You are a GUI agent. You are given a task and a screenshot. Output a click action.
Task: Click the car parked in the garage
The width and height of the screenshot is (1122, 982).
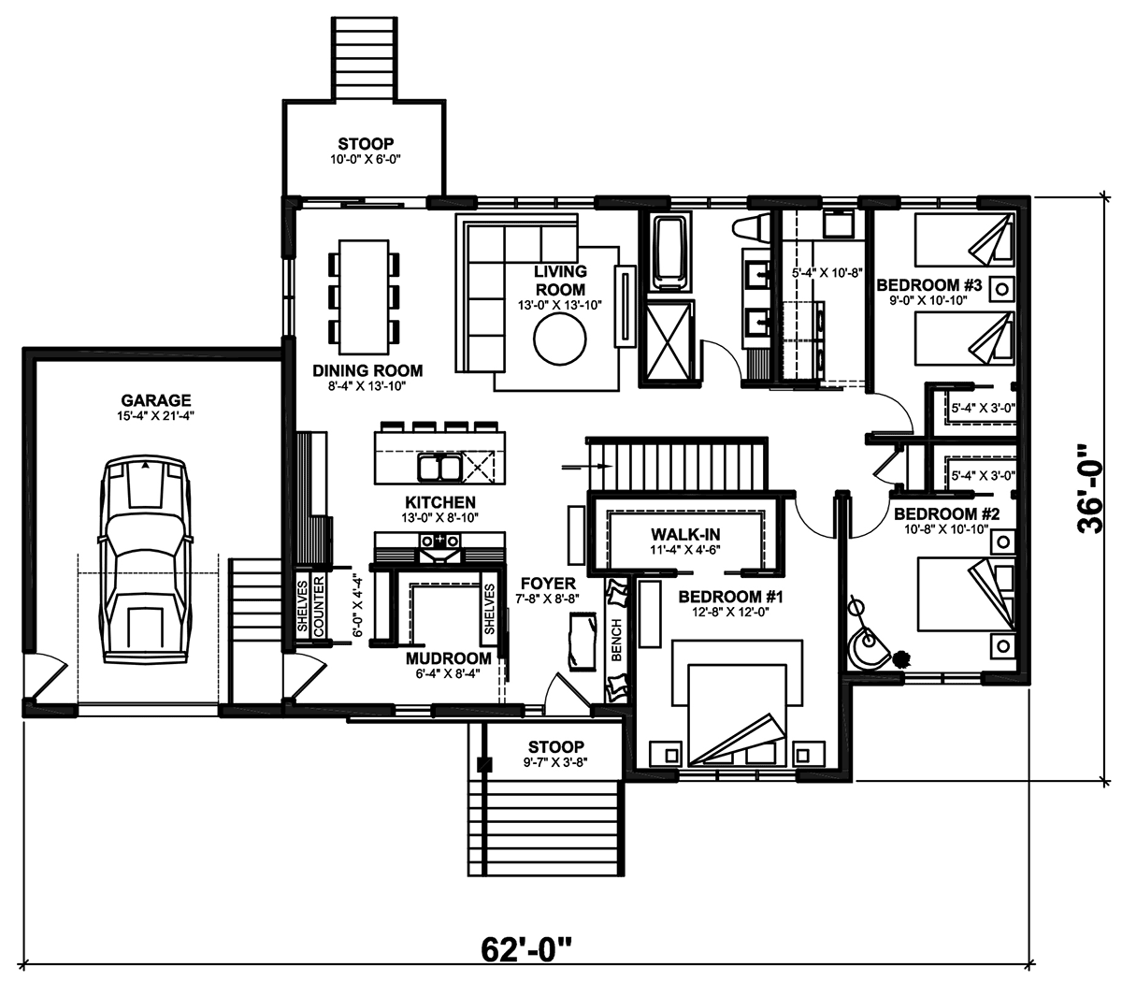click(x=145, y=559)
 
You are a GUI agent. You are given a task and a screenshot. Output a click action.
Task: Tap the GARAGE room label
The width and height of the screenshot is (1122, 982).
click(x=156, y=400)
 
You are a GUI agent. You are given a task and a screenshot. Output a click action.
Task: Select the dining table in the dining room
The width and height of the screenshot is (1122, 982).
click(x=364, y=296)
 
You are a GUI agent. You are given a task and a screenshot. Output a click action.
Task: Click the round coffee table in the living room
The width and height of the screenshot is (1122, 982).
click(x=560, y=339)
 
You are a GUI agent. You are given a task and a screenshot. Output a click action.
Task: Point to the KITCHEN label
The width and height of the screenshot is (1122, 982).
click(x=440, y=502)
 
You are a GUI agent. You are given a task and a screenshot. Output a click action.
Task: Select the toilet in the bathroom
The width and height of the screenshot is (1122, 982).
click(x=752, y=227)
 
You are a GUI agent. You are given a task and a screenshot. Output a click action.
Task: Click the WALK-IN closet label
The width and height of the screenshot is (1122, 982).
click(x=685, y=534)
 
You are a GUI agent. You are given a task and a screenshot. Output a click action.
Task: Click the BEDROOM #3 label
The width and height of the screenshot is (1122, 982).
click(x=929, y=285)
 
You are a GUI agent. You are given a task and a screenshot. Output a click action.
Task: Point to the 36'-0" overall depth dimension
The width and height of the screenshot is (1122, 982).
click(x=1089, y=489)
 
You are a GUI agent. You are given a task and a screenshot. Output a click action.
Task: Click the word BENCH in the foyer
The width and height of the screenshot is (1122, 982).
click(x=616, y=640)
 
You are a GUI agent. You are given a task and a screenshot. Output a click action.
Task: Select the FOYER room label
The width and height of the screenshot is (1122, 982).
click(x=549, y=584)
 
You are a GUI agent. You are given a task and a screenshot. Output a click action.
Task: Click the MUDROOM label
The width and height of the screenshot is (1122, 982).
click(x=449, y=658)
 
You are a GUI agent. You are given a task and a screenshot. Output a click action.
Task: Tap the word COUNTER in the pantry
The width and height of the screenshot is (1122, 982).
click(x=319, y=606)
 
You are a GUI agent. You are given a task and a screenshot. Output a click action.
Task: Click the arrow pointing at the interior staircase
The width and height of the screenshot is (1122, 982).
click(x=587, y=467)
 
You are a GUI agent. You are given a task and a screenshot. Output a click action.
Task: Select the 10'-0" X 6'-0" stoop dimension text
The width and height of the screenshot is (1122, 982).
click(x=366, y=160)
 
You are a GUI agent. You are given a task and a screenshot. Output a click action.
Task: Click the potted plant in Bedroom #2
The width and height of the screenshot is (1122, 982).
click(x=899, y=658)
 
